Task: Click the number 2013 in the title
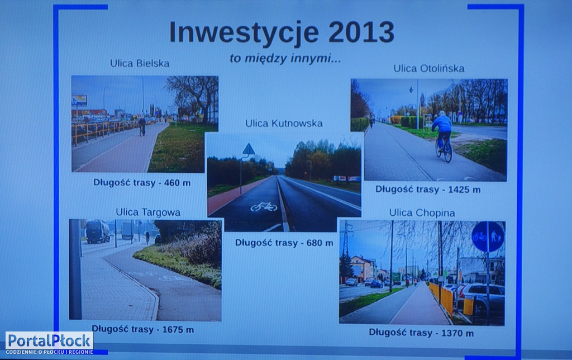pos(361,32)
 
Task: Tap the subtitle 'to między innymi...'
pos(285,59)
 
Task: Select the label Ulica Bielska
pos(140,64)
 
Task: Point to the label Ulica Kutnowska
pos(284,124)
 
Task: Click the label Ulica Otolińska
pos(428,69)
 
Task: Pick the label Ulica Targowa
pos(147,212)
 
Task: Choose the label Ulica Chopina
pos(422,213)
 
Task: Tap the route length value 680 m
pos(320,243)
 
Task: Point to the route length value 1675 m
pos(178,330)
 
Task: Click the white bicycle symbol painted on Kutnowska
pos(264,207)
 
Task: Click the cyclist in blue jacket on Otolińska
pos(443,136)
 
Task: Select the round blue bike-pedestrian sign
pos(488,236)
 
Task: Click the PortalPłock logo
pos(50,343)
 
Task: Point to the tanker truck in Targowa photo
pos(97,231)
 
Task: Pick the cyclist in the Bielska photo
pos(142,126)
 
